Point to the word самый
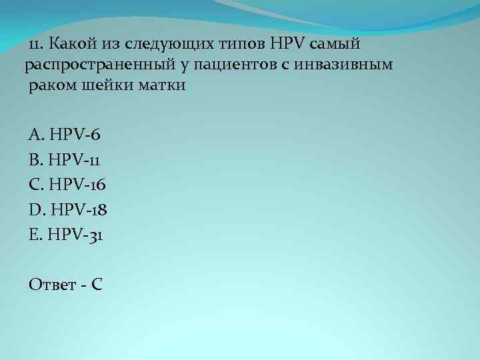pyautogui.click(x=336, y=45)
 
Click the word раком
pyautogui.click(x=49, y=86)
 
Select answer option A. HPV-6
pyautogui.click(x=65, y=135)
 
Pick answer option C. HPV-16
pyautogui.click(x=67, y=184)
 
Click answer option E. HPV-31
pyautogui.click(x=65, y=234)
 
